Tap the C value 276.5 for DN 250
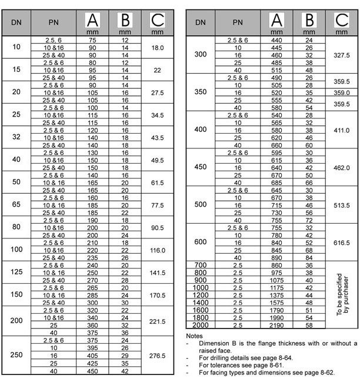coord(156,356)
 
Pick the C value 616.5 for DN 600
coord(341,242)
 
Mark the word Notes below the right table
coord(194,336)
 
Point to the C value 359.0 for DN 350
coord(341,93)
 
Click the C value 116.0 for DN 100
coord(156,250)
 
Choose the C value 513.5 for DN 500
coord(341,205)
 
